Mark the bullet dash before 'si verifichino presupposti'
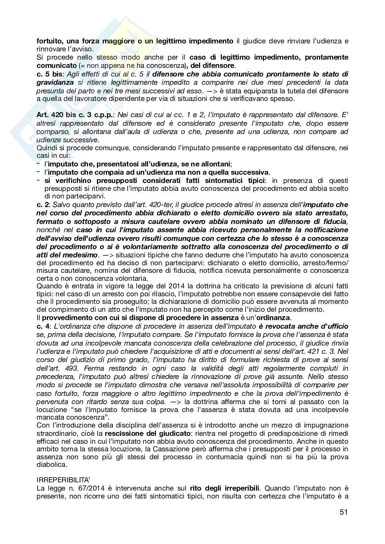click(x=39, y=180)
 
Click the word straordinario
click(x=57, y=433)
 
